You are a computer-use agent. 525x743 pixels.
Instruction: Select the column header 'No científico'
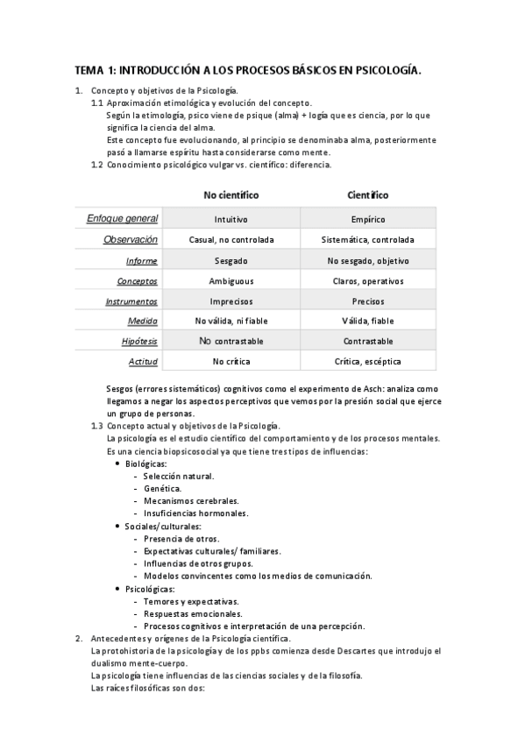click(231, 195)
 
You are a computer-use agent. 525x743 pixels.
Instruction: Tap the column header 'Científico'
click(367, 195)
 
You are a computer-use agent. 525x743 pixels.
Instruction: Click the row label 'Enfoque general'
click(122, 218)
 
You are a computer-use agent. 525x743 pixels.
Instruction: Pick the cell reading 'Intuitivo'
click(231, 219)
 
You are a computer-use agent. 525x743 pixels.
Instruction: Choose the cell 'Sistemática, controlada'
click(367, 239)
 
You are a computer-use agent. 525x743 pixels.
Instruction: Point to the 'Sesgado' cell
click(231, 260)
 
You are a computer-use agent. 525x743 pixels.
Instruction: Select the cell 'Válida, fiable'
click(367, 321)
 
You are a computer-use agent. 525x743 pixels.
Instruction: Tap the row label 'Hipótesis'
click(139, 341)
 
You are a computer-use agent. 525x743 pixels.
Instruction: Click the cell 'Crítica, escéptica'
click(367, 361)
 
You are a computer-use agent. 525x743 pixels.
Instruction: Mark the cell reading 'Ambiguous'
click(231, 280)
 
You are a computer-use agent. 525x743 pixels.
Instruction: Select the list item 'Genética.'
click(163, 487)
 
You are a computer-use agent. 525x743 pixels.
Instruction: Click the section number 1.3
click(97, 425)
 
